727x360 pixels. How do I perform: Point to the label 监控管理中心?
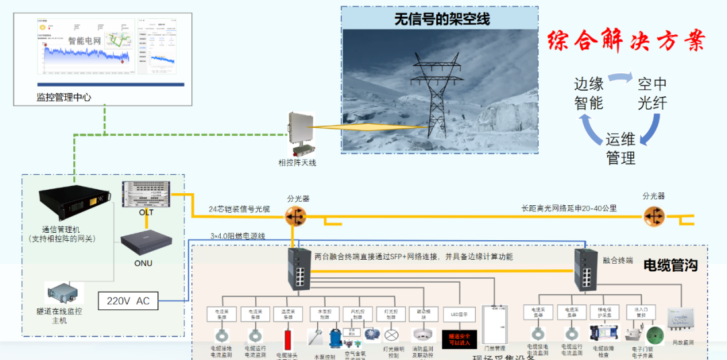click(x=64, y=97)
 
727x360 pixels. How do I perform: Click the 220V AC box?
click(x=129, y=301)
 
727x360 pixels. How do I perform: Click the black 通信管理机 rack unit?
click(x=73, y=204)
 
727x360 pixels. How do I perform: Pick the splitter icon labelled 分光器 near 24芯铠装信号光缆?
click(x=295, y=216)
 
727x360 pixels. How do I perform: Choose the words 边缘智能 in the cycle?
click(x=588, y=94)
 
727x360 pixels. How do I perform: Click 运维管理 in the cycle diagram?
click(x=620, y=149)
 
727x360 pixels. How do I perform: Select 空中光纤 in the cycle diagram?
click(x=652, y=94)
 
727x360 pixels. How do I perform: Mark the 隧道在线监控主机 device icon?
click(x=63, y=293)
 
